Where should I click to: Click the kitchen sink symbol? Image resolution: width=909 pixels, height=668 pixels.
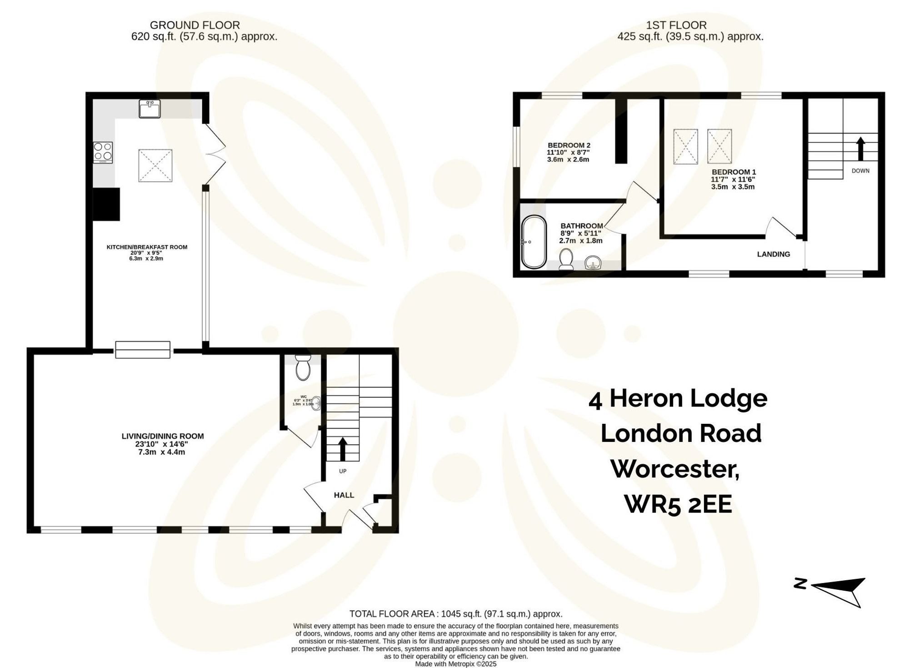[x=150, y=109]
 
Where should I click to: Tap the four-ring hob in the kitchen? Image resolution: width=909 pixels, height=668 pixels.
[x=103, y=152]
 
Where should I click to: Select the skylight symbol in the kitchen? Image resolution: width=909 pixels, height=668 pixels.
[x=155, y=166]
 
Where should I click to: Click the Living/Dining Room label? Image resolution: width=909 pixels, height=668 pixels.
[x=162, y=436]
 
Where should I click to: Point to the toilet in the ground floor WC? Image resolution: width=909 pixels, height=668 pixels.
[x=303, y=368]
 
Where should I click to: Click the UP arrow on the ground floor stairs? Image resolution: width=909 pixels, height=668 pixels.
[x=343, y=450]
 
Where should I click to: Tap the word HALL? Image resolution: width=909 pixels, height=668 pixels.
[x=344, y=495]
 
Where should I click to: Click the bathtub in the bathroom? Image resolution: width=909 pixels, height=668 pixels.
[x=534, y=242]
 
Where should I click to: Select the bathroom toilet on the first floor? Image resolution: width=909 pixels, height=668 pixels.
[x=566, y=259]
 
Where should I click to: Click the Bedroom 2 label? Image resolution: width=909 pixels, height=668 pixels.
[x=569, y=146]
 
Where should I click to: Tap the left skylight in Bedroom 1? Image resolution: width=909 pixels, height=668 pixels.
[x=685, y=146]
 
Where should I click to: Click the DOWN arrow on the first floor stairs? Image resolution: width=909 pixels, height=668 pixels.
[x=860, y=149]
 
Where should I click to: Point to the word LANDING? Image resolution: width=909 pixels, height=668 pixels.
[x=773, y=254]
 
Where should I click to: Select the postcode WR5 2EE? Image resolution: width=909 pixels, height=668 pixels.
[x=678, y=504]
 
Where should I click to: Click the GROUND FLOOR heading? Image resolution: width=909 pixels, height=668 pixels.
[x=195, y=25]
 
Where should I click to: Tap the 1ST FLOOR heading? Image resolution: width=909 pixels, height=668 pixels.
[x=676, y=25]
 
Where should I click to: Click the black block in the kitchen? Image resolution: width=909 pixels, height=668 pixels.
[x=106, y=204]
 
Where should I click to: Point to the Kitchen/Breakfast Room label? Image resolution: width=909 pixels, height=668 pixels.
[x=147, y=247]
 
